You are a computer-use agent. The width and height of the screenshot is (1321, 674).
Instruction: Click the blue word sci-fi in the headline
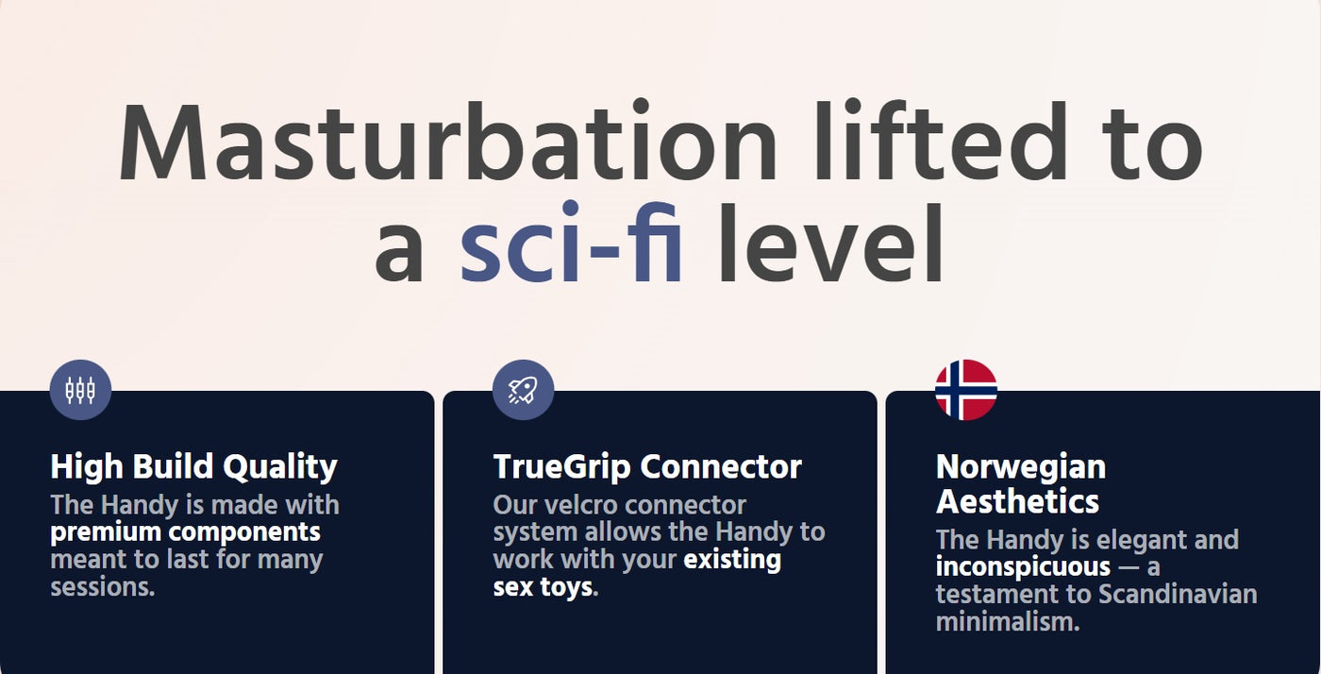click(x=571, y=242)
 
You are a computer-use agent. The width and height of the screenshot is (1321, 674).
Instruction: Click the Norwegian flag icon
click(x=966, y=390)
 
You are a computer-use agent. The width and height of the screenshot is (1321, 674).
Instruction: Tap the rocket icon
click(x=523, y=390)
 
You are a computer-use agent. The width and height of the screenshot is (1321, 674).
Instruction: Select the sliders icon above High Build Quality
click(x=80, y=390)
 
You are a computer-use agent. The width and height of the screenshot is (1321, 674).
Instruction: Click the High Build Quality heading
click(x=194, y=468)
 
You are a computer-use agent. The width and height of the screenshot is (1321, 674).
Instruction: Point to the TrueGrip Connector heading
click(x=647, y=467)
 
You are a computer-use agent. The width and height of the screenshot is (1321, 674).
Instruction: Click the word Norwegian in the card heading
click(x=1021, y=468)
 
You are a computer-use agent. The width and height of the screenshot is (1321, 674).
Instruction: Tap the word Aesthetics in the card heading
click(x=1018, y=501)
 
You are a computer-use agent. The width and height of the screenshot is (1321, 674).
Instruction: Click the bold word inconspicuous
click(x=1023, y=566)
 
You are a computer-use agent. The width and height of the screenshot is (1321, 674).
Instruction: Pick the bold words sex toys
click(x=543, y=587)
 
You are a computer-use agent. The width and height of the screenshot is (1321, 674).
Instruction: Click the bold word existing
click(x=732, y=560)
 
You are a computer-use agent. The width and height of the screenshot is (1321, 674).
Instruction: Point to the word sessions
click(x=103, y=587)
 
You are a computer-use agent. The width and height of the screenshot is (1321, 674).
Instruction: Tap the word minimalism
click(x=1008, y=622)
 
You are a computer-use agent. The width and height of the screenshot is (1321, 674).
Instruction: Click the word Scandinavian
click(x=1178, y=595)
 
